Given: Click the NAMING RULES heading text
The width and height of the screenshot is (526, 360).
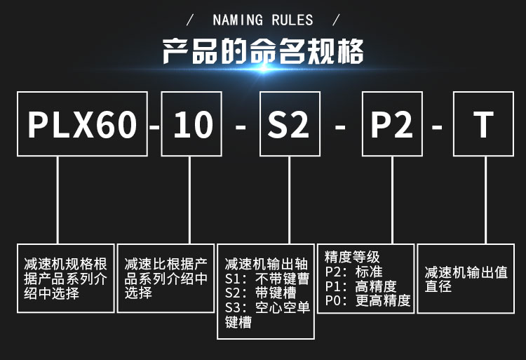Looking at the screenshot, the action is point(263,20).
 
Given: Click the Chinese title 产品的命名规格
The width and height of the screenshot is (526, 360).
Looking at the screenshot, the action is point(263,51).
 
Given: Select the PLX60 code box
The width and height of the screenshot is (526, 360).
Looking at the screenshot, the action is point(82,124).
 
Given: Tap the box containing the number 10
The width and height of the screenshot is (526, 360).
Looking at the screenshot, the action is point(191,124).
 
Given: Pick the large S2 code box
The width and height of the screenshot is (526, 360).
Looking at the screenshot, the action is point(290,124).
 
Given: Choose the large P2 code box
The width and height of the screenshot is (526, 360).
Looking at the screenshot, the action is point(392,124).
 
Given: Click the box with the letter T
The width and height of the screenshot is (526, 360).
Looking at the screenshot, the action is point(483,124).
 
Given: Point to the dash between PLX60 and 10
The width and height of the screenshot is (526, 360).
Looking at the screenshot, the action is point(154,127).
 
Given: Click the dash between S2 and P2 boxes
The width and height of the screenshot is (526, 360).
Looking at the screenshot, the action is point(340,127).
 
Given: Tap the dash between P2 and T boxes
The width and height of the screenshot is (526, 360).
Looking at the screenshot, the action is point(437,127).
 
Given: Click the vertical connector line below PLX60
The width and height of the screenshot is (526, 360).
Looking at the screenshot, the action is point(58,200).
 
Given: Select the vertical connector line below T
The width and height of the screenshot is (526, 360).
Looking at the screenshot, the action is point(486,200).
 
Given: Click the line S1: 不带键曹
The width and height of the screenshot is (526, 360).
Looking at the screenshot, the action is point(267,279).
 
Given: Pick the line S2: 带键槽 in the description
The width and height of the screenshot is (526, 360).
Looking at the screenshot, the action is point(260,293).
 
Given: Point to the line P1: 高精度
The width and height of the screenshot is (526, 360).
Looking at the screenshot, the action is point(360,286).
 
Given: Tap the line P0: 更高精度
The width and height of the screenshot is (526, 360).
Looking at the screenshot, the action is point(367,300).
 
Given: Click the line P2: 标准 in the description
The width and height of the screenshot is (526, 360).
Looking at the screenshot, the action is point(353,272).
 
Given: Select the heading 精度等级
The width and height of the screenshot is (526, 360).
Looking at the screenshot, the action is point(352,258).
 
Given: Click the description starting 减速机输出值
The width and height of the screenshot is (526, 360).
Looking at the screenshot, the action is point(466,279).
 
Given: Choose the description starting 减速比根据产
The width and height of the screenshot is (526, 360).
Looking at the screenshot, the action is point(166,278).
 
